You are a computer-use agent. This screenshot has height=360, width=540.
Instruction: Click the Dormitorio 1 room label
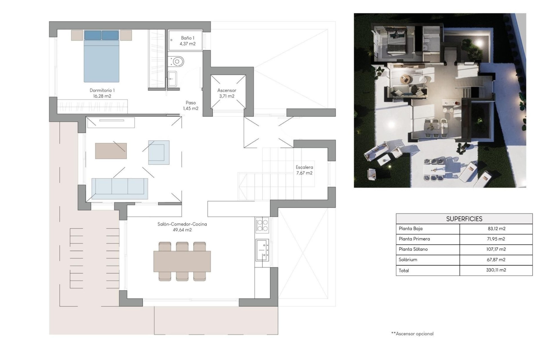coord(102,93)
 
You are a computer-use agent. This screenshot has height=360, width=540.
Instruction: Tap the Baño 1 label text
coord(187,41)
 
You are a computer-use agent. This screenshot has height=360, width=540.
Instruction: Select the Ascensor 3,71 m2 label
coord(226,93)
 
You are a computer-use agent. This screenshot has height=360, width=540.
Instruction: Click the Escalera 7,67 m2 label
coord(304,170)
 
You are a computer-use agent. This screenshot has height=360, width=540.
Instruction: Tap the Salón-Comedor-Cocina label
coord(182,227)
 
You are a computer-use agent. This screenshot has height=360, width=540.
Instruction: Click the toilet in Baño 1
coord(177,61)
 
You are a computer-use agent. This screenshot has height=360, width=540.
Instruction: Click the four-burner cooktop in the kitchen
coord(262,225)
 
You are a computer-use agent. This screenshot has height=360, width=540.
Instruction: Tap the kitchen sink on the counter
coord(262,250)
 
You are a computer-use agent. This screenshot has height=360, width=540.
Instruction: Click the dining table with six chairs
coord(182,261)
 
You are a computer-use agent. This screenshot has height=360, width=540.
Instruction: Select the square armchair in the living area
coord(159,152)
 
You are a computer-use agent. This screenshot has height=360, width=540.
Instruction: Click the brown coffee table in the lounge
coord(111,151)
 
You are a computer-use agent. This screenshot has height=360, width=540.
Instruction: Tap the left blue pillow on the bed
coord(93,35)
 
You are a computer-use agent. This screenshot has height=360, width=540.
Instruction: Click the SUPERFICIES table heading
coord(464,219)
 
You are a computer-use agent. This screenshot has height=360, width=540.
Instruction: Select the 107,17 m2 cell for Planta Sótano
coord(496,249)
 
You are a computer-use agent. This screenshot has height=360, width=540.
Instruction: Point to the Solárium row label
coord(408,260)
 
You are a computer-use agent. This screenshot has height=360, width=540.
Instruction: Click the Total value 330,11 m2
coord(496,270)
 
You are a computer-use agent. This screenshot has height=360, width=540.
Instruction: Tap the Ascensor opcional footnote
coord(412,334)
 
